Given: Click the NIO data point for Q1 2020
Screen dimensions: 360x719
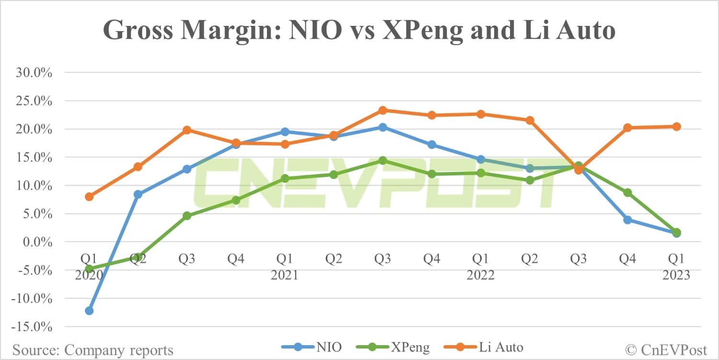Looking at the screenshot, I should (89, 311).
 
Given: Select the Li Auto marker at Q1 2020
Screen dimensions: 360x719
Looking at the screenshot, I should (89, 197).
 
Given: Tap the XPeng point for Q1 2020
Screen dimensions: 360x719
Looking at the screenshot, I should (89, 269).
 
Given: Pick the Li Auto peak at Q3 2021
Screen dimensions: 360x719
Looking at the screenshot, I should (383, 110).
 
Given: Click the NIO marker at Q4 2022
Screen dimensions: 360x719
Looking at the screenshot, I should (627, 220).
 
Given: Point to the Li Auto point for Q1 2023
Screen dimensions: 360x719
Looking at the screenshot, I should (676, 127).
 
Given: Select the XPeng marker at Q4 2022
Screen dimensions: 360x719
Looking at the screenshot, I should (627, 193).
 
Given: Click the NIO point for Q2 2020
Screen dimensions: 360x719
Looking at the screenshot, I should (138, 194).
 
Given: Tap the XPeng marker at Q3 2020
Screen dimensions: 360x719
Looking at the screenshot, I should (187, 216).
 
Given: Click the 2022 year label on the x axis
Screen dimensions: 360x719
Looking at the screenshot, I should (480, 275).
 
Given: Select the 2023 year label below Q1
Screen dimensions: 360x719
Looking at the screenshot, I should (676, 275).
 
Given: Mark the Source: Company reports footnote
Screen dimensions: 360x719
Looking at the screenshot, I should (93, 350).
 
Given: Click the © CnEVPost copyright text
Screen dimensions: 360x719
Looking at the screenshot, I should (667, 349).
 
